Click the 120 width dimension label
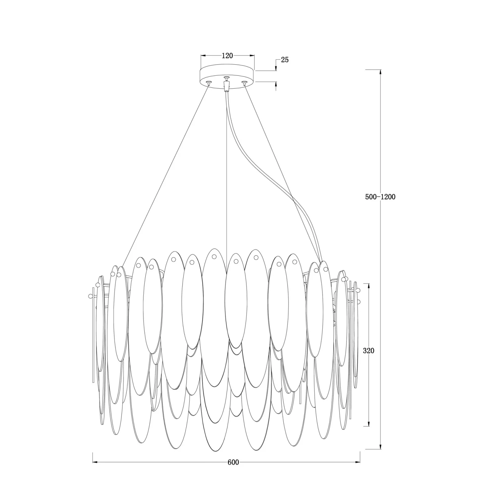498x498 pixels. [227, 55]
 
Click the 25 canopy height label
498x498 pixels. [285, 60]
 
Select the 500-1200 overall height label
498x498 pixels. [380, 197]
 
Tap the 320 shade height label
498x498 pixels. [369, 351]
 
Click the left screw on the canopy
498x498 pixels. [209, 82]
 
